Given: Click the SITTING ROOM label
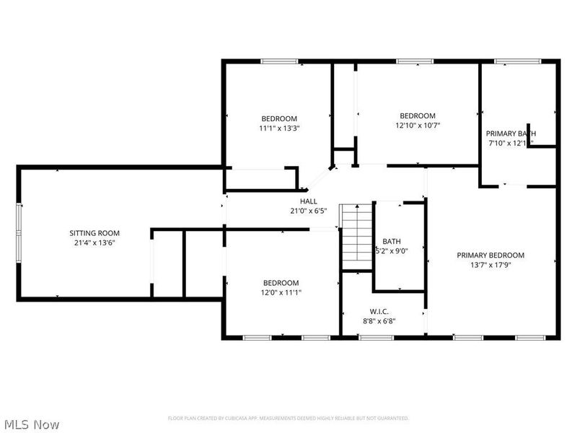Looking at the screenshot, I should click(x=94, y=233).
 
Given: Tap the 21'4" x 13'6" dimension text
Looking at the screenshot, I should click(x=94, y=243).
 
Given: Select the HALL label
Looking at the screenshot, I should click(x=309, y=201).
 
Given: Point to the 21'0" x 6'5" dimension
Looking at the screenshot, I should click(x=309, y=211).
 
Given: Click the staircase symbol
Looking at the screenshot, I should click(x=356, y=235).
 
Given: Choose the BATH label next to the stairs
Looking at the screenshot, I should click(x=392, y=242).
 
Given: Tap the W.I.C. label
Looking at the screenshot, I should click(x=378, y=311).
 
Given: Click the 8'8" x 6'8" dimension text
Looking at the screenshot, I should click(x=378, y=321).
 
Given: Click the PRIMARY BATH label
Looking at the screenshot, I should click(x=511, y=134).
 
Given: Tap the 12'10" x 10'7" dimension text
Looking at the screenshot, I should click(x=418, y=126).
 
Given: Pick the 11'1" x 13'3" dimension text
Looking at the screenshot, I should click(x=279, y=128).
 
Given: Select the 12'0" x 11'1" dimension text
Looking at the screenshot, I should click(x=281, y=293).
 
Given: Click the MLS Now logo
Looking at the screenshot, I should click(x=31, y=424).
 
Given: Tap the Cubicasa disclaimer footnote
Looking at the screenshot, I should click(x=288, y=419).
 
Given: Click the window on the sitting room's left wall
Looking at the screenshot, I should click(x=19, y=233).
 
